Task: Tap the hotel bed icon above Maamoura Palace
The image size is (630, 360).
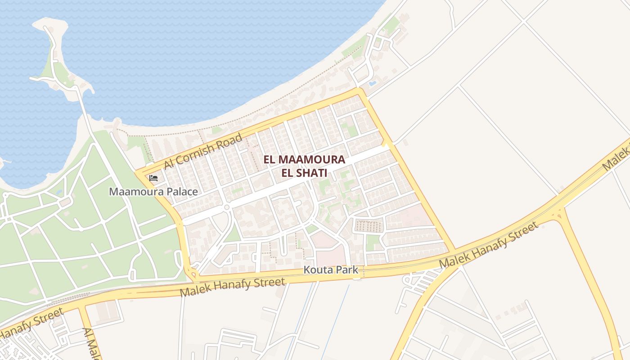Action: (x=153, y=178)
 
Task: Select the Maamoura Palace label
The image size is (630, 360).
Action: (x=153, y=192)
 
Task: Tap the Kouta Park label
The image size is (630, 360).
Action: (x=331, y=270)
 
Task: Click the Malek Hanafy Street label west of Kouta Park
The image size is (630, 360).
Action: (x=232, y=287)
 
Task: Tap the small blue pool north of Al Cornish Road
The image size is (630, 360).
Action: (x=373, y=84)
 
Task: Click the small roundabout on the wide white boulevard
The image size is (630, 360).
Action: (x=227, y=207)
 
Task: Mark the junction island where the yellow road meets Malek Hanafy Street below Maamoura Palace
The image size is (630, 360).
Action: (x=195, y=274)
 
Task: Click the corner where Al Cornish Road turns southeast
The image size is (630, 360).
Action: (x=359, y=90)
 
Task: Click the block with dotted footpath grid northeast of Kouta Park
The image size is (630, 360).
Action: (x=369, y=225)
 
